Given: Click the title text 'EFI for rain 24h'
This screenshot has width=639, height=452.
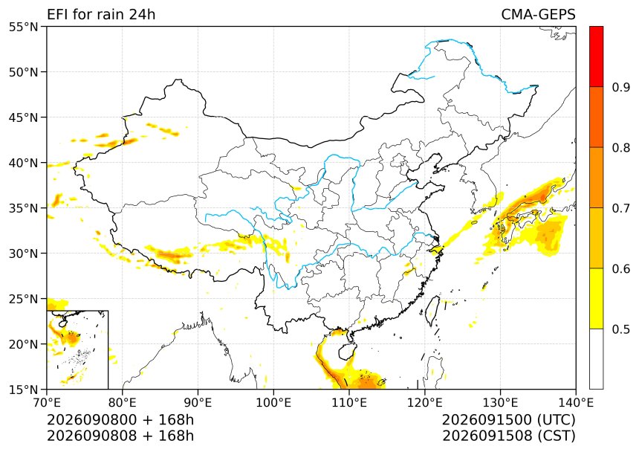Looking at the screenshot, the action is click(x=101, y=14).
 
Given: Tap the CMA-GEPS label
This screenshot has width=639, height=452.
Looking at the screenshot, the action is click(x=539, y=14).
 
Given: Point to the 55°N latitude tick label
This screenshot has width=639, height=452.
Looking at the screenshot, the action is click(x=23, y=27).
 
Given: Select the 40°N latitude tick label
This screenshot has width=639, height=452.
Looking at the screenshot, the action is click(x=23, y=163).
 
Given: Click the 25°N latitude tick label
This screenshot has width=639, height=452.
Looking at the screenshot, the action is click(x=23, y=299).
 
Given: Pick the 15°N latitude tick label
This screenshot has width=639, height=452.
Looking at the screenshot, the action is click(x=23, y=390).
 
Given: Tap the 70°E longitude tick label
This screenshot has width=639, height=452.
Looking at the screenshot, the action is click(x=47, y=403).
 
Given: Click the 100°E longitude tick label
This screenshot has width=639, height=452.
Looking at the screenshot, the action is click(x=273, y=403).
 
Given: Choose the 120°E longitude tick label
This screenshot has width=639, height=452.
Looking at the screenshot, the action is click(x=425, y=403).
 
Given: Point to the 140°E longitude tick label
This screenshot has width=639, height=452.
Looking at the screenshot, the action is click(x=576, y=403).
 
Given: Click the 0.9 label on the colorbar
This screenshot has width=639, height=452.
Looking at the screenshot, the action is click(x=621, y=87).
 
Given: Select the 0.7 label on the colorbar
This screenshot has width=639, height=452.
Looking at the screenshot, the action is click(x=621, y=208).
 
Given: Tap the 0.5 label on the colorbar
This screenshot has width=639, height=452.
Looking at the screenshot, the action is click(x=621, y=329).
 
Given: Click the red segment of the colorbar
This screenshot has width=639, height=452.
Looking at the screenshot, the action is click(x=596, y=56).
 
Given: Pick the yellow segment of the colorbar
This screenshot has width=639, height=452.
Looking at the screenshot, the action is click(x=596, y=298).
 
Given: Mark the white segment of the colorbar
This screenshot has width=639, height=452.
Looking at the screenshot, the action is click(x=596, y=358).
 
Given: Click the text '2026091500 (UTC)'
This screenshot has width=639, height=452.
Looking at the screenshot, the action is click(x=509, y=420).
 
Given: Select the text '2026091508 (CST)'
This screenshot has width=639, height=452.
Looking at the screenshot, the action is click(x=509, y=436).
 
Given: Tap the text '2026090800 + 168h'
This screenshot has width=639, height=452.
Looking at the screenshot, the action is click(x=120, y=420).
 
